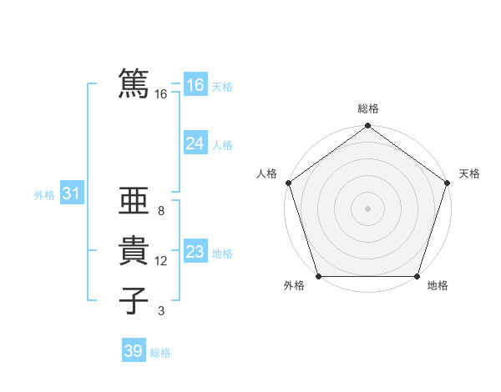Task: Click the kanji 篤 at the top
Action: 134,84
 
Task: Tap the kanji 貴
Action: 134,251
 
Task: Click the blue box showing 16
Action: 195,85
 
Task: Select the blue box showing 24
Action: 195,143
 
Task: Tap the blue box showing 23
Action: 195,252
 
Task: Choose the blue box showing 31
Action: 71,194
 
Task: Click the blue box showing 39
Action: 133,351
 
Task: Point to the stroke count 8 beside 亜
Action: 161,211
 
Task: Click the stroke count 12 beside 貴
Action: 161,261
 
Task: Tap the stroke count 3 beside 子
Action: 161,311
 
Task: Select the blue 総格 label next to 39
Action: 160,353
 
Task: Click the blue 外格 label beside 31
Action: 44,195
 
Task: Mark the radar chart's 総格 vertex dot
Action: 367,126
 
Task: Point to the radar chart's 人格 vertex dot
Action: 288,183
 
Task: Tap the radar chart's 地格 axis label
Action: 438,286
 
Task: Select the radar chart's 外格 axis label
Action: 294,286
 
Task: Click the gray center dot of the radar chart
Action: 367,208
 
